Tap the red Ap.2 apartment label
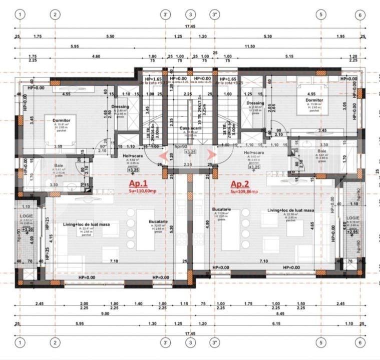point(240,183)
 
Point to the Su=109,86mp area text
point(244,191)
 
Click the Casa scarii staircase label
point(190,128)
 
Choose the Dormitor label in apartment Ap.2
point(314,99)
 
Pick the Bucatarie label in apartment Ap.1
point(158,221)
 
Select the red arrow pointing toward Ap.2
point(214,155)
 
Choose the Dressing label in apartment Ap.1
point(120,106)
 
